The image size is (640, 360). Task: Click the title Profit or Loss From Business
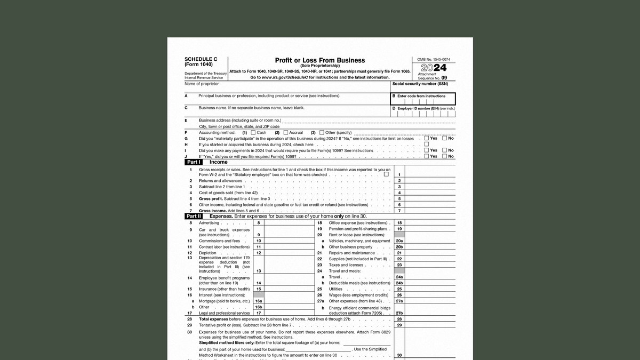pos(320,60)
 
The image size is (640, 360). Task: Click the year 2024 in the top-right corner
pos(434,68)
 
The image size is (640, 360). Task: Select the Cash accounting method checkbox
pos(253,132)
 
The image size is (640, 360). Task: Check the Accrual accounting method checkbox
pos(285,132)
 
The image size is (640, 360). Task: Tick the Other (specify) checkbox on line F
pos(322,132)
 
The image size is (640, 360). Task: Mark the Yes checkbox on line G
pos(426,138)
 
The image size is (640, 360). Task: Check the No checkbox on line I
pos(444,150)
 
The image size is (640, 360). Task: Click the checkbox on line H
pos(426,144)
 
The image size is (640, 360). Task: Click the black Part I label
pos(194,162)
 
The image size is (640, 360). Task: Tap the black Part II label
pos(194,217)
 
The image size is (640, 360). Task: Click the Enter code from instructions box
pos(423,99)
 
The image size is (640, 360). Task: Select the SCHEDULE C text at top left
pos(201,59)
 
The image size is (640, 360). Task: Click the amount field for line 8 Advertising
pos(289,223)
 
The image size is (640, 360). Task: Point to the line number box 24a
pos(399,277)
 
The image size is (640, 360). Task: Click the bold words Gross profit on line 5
pos(211,198)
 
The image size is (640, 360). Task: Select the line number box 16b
pos(259,307)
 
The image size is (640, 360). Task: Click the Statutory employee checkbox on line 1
pos(386,174)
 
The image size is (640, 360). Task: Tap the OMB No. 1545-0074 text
pos(433,59)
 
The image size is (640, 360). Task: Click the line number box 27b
pos(399,313)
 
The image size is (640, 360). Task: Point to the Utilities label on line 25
pos(335,289)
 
